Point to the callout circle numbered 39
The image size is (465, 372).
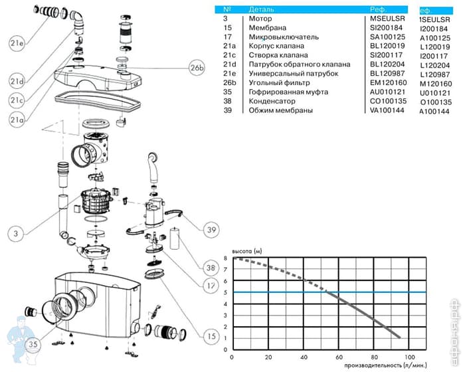(x=211, y=229)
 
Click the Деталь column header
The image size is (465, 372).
(x=261, y=10)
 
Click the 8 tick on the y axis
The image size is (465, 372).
(x=226, y=258)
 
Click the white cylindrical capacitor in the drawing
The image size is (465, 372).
(x=176, y=237)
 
